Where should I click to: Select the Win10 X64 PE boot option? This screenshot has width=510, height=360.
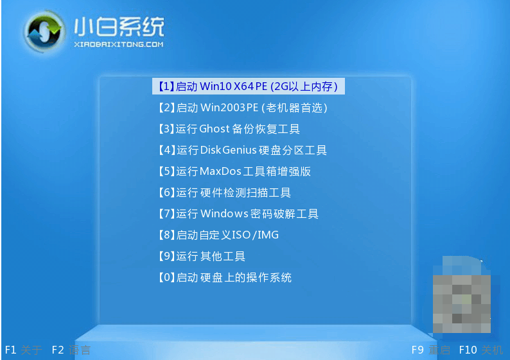pos(248,86)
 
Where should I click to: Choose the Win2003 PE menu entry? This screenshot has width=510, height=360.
pos(243,107)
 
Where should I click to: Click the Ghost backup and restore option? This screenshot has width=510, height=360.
pos(229,129)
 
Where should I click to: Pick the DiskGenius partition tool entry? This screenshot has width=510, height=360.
pos(243,150)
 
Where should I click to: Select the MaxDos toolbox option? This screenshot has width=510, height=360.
pos(234,171)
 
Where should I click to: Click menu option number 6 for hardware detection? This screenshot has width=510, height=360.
pos(225,192)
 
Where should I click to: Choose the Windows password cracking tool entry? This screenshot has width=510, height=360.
pos(238,213)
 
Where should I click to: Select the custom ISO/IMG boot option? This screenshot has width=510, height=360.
pos(218,235)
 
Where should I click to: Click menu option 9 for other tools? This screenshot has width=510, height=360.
pos(202,256)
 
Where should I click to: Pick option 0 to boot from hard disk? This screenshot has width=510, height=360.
pos(225,277)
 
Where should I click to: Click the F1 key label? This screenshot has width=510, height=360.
pos(11,350)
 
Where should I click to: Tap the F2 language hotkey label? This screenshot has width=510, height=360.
pos(71,350)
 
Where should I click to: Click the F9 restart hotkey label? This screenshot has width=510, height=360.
pos(431,350)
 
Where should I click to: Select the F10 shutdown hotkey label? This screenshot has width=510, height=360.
pos(481,350)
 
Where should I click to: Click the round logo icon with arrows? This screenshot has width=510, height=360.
pos(43,32)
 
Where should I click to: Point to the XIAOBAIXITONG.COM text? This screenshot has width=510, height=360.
pos(119,44)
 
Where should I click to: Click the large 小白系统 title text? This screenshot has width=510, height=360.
pos(119,27)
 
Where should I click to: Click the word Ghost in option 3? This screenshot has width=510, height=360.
pos(215,129)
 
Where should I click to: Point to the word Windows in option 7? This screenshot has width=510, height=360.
pos(224,213)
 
